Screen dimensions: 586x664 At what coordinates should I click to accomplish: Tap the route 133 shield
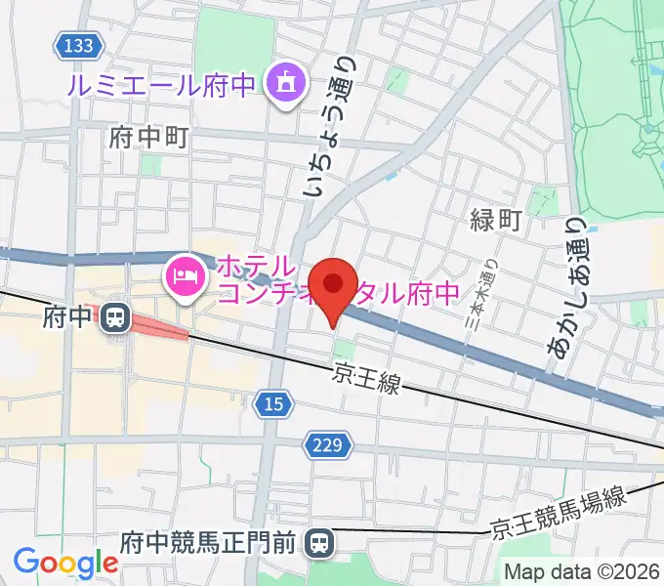(75, 45)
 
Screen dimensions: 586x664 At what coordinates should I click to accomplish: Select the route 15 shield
(274, 402)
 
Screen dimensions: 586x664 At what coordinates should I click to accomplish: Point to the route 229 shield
(327, 445)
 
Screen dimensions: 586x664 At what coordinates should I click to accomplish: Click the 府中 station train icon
(115, 316)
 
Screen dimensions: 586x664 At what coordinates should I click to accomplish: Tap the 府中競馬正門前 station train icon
(318, 541)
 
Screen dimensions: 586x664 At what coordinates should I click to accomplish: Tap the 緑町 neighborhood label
(497, 220)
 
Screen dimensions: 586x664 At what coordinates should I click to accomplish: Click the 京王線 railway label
(366, 377)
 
